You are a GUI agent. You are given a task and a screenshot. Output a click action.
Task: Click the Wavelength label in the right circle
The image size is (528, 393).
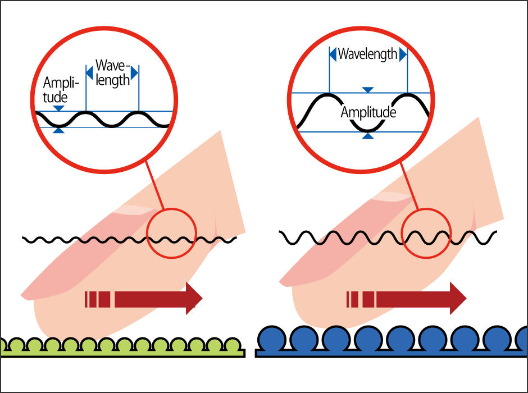tap(367, 54)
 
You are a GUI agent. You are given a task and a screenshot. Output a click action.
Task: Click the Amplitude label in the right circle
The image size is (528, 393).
tap(368, 112)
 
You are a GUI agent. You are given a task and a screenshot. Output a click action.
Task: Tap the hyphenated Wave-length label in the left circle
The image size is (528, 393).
tap(112, 72)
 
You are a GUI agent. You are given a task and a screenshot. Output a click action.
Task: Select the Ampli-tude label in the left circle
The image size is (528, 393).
tap(61, 90)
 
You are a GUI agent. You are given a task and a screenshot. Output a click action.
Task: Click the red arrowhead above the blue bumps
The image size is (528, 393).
tap(457, 298)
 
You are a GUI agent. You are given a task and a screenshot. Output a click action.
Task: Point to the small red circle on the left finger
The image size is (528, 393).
tap(172, 233)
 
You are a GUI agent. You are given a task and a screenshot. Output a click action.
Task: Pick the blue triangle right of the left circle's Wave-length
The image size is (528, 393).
tap(134, 73)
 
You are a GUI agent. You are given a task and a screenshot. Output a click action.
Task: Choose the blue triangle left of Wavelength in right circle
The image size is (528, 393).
tap(333, 54)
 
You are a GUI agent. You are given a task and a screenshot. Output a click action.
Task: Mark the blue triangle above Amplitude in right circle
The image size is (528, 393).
tap(368, 90)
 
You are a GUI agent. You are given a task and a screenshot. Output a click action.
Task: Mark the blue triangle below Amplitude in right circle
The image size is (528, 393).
tap(368, 135)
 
